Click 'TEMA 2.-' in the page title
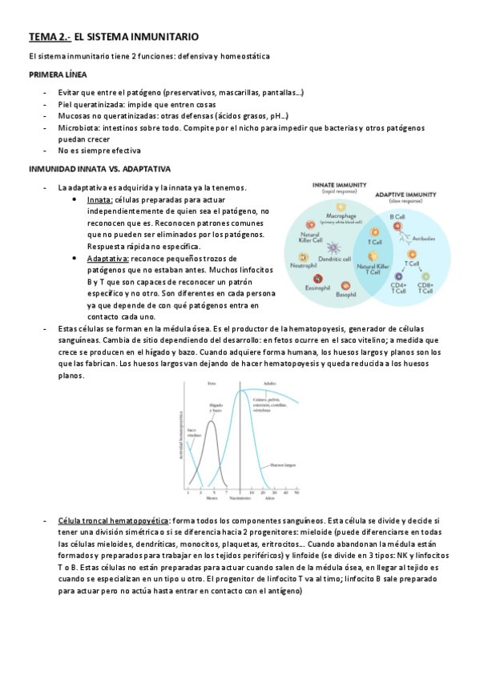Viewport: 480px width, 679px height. pyautogui.click(x=50, y=37)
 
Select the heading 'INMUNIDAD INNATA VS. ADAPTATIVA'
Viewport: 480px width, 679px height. pyautogui.click(x=100, y=170)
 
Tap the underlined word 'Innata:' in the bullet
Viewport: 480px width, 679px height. pyautogui.click(x=100, y=199)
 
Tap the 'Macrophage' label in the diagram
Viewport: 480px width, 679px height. pyautogui.click(x=341, y=215)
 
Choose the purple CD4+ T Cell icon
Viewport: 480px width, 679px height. pyautogui.click(x=397, y=276)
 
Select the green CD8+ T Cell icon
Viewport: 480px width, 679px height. pyautogui.click(x=425, y=276)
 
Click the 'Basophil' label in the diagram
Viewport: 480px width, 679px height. pyautogui.click(x=347, y=295)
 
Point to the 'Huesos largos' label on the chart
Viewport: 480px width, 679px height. pyautogui.click(x=284, y=464)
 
